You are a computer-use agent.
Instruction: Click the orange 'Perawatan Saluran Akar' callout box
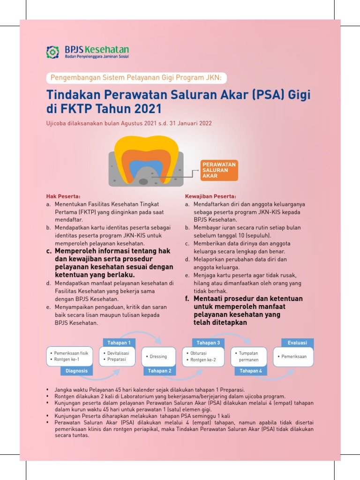pos(218,170)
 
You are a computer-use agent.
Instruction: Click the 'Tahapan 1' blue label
pos(119,342)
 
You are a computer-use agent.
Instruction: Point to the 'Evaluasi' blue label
pos(297,343)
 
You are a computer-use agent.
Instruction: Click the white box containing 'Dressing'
pos(158,357)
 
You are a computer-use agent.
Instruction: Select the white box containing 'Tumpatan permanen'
pos(249,357)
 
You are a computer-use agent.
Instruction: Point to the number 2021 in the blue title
pos(144,109)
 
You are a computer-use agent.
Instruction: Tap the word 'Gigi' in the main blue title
pos(299,95)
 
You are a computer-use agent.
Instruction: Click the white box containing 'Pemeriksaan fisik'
pos(69,357)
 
